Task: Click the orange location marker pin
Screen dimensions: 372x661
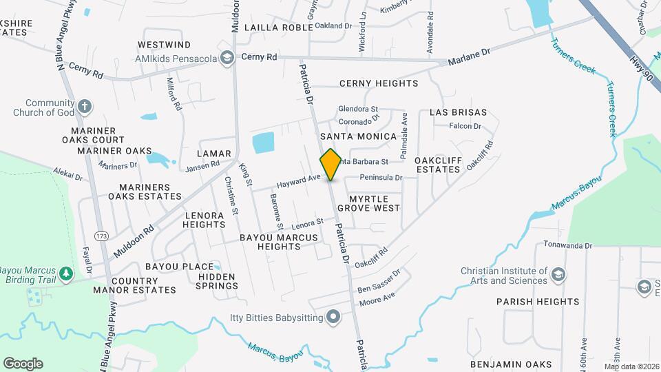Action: point(330,165)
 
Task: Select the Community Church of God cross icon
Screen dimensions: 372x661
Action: point(84,107)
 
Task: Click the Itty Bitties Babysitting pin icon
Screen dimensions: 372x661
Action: point(333,317)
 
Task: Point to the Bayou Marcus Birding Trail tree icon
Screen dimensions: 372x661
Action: point(65,273)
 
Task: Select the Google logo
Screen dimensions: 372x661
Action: point(23,363)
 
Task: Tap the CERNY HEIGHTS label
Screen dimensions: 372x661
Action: point(379,83)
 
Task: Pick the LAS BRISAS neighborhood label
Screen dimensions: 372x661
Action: point(458,112)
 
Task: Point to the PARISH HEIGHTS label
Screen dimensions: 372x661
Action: point(538,301)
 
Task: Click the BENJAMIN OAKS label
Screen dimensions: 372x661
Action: point(511,364)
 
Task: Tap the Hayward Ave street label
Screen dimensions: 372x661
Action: point(299,181)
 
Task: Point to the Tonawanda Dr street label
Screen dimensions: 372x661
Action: point(569,245)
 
